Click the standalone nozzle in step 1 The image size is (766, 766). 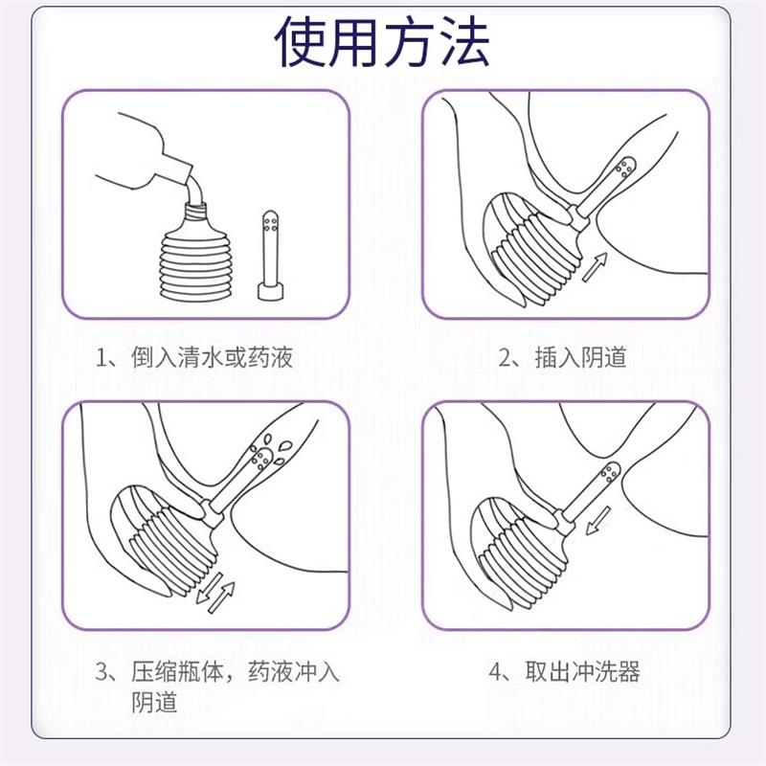click(271, 254)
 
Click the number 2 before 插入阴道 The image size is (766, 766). click(507, 360)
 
